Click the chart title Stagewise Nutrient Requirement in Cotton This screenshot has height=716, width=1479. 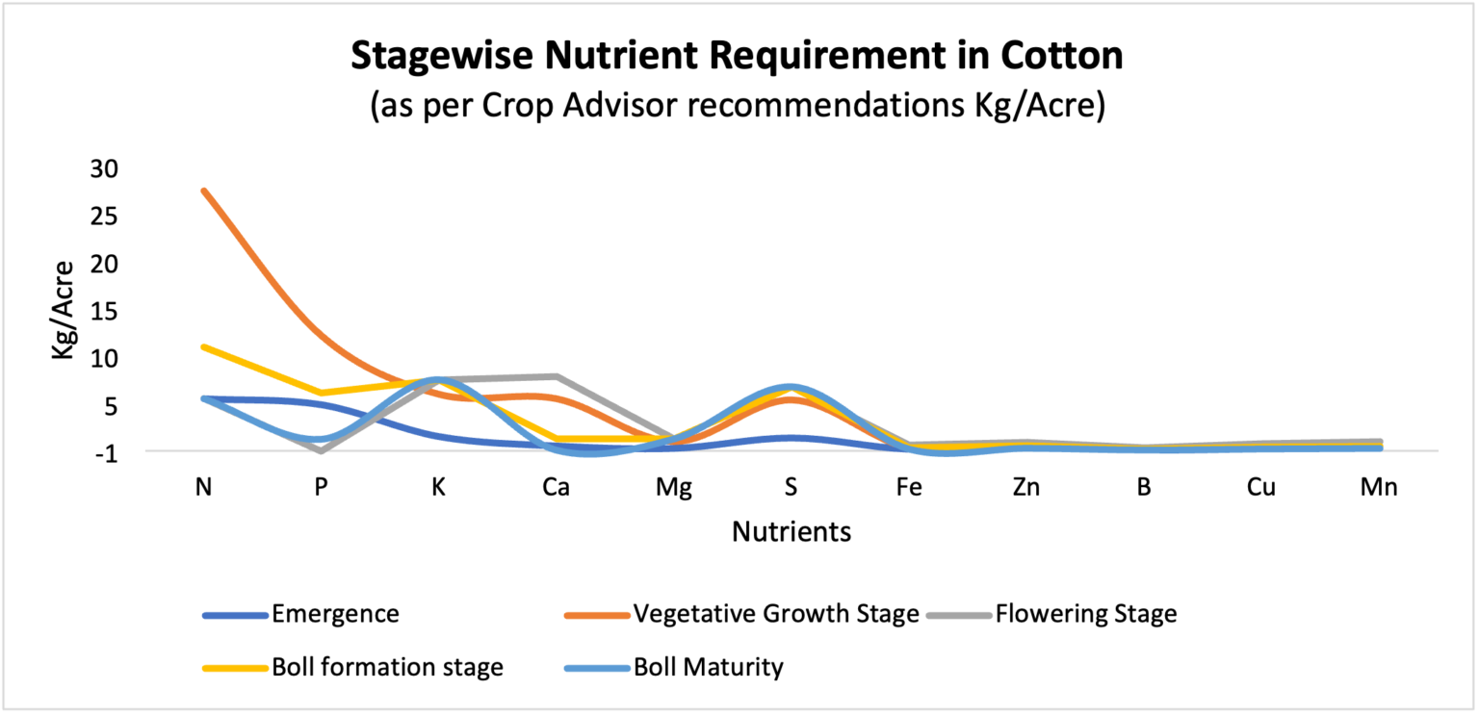point(737,56)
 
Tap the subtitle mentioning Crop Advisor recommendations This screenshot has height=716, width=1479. point(737,105)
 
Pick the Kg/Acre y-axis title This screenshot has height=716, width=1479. point(64,310)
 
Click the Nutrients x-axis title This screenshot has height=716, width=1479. point(791,531)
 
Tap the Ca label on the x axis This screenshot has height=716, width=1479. point(556,487)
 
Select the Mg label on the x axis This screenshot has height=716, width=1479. point(673,487)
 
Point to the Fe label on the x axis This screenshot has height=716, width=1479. point(908,487)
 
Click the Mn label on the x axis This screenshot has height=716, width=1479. point(1378,487)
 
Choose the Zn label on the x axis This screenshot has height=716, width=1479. point(1025,487)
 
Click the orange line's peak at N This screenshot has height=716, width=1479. point(204,191)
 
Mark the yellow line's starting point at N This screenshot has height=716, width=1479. point(204,346)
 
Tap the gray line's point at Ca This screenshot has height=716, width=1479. point(557,376)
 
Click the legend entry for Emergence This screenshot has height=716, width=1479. point(335,614)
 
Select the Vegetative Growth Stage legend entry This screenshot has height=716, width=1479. point(775,614)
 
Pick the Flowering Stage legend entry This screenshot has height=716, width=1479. point(1085,614)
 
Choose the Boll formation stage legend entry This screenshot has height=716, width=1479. point(387,667)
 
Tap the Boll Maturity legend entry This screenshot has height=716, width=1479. point(708,667)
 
